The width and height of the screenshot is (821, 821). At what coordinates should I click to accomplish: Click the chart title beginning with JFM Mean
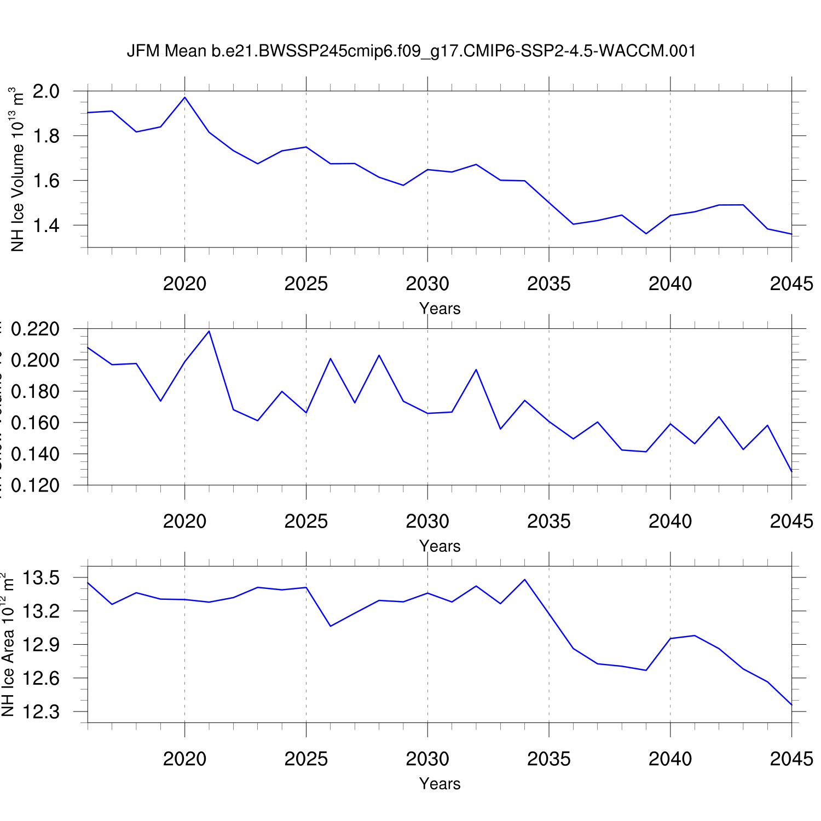tap(411, 51)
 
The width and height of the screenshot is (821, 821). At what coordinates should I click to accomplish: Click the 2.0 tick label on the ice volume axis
tap(46, 91)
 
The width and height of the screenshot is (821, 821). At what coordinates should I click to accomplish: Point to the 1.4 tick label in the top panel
tap(46, 225)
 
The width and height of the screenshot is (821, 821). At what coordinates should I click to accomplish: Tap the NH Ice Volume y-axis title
tap(18, 170)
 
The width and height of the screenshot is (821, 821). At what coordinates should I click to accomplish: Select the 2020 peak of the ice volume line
tap(185, 97)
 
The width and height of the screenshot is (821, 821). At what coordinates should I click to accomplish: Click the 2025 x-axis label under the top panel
tap(306, 284)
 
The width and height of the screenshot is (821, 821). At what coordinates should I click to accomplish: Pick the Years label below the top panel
tap(440, 309)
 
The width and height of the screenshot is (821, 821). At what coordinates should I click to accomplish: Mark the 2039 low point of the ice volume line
tap(646, 234)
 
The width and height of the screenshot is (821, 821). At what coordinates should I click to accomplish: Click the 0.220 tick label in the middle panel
tap(35, 329)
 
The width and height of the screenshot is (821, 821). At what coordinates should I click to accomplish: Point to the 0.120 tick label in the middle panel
tap(35, 485)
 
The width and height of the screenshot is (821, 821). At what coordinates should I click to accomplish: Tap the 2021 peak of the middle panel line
tap(209, 331)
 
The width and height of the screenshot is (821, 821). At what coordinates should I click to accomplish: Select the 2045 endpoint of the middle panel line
tap(791, 471)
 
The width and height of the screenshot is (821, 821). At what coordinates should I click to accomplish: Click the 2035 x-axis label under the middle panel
tap(549, 521)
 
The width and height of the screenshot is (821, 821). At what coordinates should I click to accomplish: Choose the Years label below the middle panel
tap(440, 546)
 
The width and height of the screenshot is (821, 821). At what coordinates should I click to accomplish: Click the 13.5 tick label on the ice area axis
tap(42, 577)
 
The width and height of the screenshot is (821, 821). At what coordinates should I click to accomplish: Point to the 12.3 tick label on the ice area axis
tap(42, 712)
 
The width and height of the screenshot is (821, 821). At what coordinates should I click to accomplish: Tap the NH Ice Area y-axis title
tap(8, 646)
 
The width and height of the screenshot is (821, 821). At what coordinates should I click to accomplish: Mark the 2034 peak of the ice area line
tap(525, 580)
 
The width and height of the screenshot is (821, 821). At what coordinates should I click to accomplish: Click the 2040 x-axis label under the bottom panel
tap(670, 759)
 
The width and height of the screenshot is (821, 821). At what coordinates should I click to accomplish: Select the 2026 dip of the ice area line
tap(331, 626)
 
